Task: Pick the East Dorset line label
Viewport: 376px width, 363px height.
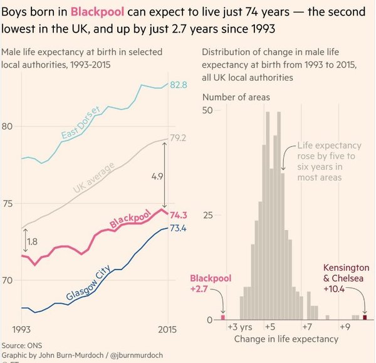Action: [81, 124]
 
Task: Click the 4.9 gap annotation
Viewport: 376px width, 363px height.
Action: [157, 177]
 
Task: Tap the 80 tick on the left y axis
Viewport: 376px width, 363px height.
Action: [9, 126]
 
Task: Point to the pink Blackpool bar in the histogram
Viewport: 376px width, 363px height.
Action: [222, 318]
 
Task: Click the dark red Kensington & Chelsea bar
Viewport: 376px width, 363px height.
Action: [365, 318]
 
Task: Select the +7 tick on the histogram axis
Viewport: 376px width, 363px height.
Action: [306, 327]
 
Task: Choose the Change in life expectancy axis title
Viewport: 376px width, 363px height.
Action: [286, 339]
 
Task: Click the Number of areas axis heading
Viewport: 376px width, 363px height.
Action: [236, 97]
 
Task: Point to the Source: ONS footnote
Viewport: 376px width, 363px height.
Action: [22, 345]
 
